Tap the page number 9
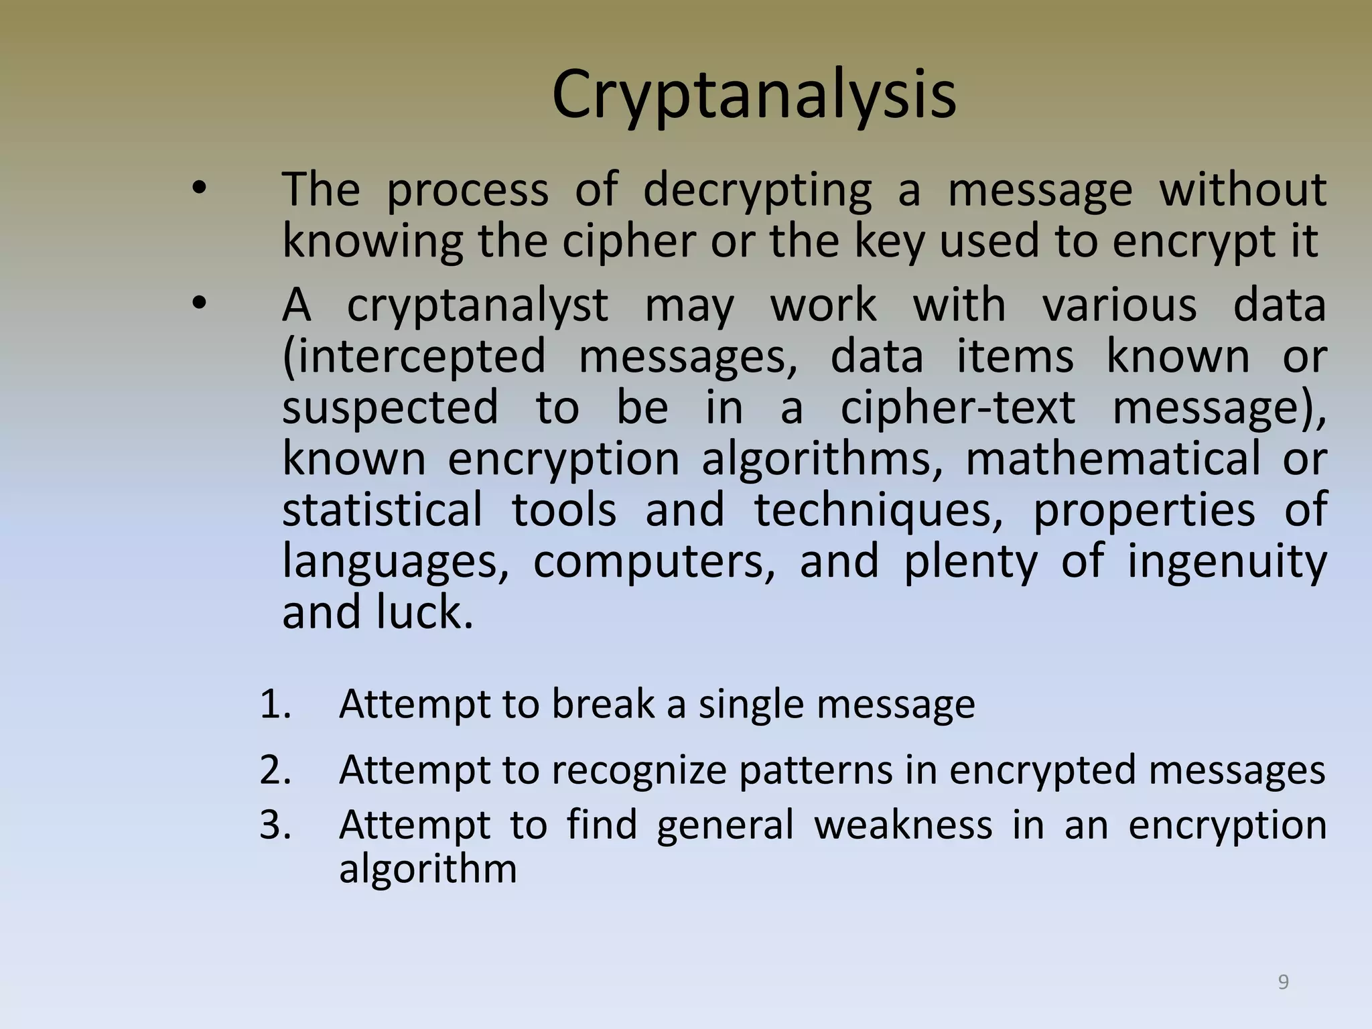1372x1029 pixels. pos(1283,982)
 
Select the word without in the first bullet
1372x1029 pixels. pos(1243,190)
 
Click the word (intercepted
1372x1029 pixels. pos(414,357)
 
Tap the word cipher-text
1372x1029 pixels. pos(957,408)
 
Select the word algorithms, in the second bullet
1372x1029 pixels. pos(822,460)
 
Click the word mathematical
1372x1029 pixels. pos(1113,460)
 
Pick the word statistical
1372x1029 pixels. pos(382,510)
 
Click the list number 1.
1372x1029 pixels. pos(275,705)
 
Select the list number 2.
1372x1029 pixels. pos(275,770)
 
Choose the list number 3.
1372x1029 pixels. pos(275,825)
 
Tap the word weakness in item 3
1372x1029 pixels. pos(902,825)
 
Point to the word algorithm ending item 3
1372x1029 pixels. pos(427,870)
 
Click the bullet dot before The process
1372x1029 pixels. pos(198,190)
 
